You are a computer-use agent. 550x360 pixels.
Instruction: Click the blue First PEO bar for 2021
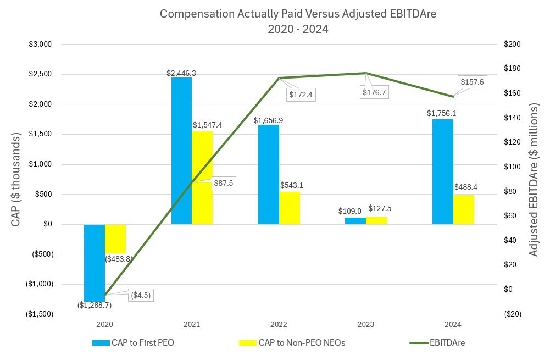(181, 151)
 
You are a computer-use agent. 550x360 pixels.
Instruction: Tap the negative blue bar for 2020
(95, 263)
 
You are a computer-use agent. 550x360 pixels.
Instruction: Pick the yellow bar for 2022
(290, 208)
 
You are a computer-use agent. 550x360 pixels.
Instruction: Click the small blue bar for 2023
(355, 221)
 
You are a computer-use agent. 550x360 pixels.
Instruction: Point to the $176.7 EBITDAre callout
(374, 92)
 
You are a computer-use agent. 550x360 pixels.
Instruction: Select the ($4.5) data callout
(140, 295)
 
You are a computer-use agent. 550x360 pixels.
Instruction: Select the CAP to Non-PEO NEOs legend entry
(292, 343)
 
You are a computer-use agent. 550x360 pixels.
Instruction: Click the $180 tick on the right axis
(512, 69)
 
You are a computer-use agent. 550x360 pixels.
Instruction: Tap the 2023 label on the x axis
(365, 324)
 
